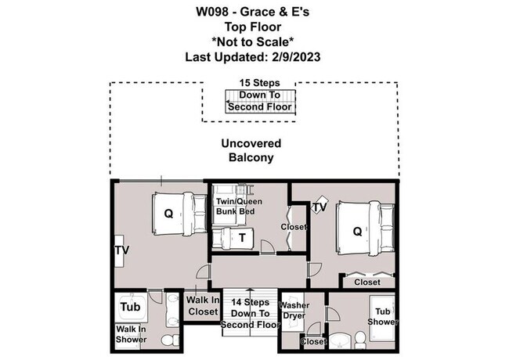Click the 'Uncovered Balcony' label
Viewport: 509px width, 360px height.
[251, 150]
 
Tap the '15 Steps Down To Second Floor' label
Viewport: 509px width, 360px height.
[258, 95]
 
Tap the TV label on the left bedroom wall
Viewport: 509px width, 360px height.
[121, 250]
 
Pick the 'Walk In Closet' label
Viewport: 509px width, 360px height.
[203, 305]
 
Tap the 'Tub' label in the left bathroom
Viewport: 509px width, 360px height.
[130, 307]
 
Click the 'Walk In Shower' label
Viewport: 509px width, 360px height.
[131, 334]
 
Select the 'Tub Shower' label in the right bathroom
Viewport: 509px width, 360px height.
[384, 316]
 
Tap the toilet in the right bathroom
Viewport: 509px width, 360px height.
[360, 338]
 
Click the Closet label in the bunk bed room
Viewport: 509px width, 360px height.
[294, 227]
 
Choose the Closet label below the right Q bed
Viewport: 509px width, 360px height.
[367, 282]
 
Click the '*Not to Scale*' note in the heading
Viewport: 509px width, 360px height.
[254, 41]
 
